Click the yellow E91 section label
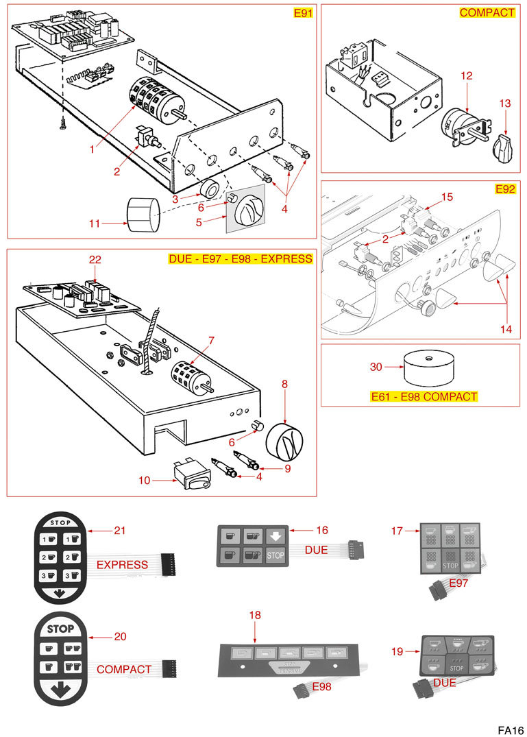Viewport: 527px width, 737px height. click(x=302, y=12)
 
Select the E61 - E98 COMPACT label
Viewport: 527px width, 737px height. click(x=424, y=396)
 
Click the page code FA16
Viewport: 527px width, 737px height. click(x=511, y=729)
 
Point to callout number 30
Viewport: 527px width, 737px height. click(x=376, y=367)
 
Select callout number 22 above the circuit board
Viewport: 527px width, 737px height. click(x=95, y=259)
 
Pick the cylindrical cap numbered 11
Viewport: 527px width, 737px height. click(x=142, y=213)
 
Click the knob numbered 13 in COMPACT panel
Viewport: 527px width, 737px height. click(x=503, y=145)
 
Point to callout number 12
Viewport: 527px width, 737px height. click(x=466, y=76)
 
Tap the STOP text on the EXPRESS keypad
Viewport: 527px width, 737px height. click(x=61, y=522)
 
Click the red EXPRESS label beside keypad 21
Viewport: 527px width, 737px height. click(x=122, y=565)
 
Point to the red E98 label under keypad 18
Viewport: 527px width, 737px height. click(x=322, y=686)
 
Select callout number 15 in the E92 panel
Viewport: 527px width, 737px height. click(x=447, y=197)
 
